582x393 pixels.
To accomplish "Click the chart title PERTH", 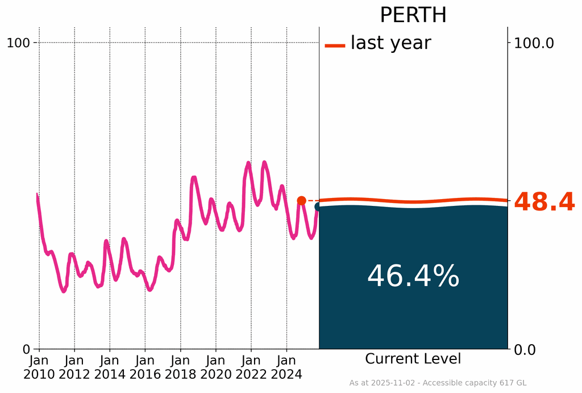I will pos(413,15).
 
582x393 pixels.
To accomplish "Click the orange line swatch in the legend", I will pos(335,45).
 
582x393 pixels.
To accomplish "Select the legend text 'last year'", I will pos(390,43).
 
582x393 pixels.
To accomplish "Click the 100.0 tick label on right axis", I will pos(534,43).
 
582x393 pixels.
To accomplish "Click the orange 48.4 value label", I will pos(544,202).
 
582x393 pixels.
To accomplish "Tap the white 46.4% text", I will pos(413,277).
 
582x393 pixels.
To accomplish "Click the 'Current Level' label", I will pos(413,359).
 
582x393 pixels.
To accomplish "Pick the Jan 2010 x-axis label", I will pos(39,367).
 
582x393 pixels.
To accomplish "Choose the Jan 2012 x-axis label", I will pos(74,367).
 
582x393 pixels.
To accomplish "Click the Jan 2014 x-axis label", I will pos(110,367).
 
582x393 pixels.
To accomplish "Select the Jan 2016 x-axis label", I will pos(145,367).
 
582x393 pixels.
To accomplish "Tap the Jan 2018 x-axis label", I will pos(181,367).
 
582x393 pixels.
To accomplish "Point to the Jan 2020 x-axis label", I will pos(216,367).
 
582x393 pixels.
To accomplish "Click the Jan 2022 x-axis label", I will pos(251,367).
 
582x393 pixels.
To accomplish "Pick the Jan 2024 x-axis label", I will pos(286,367).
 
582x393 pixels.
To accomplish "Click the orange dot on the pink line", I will pos(302,200).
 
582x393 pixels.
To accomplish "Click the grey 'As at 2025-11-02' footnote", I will pos(438,383).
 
